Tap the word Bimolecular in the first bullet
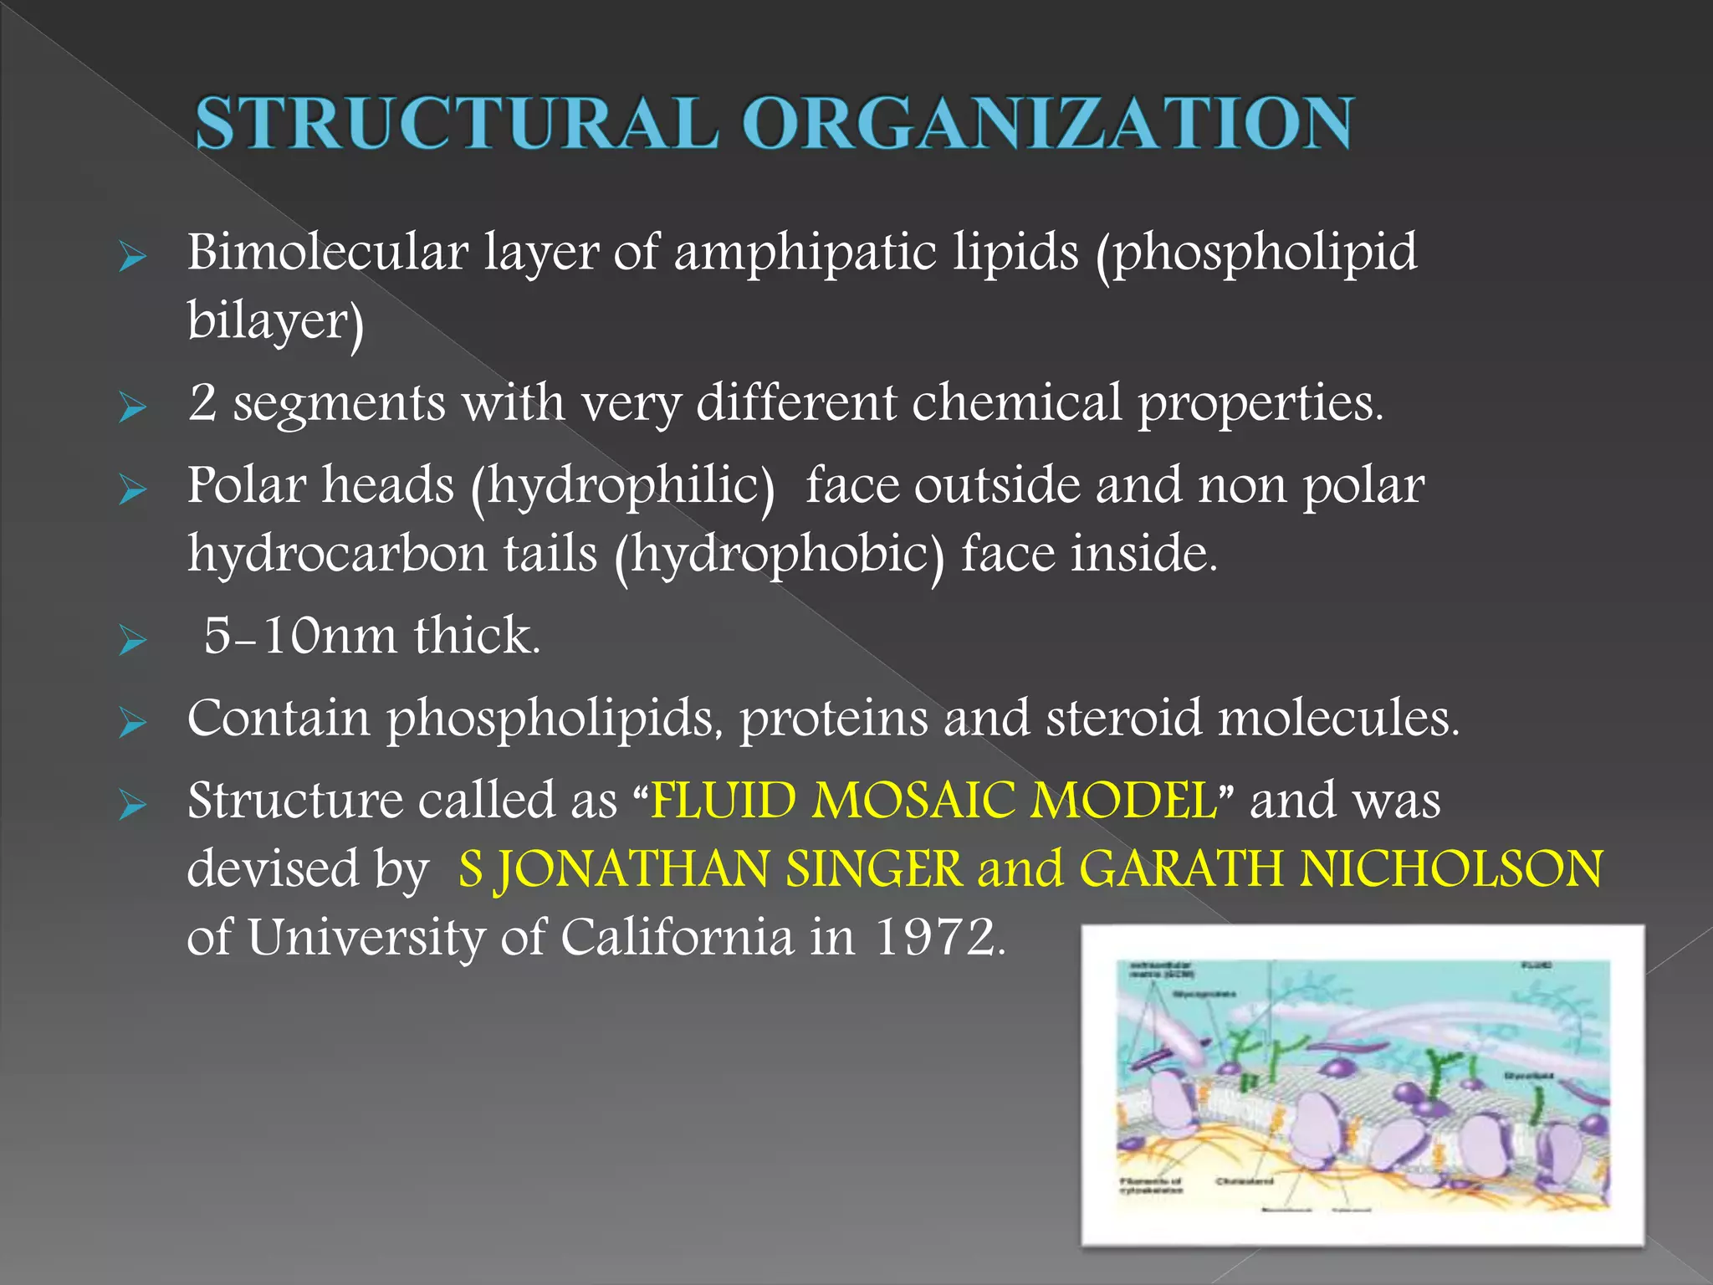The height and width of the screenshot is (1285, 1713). point(327,252)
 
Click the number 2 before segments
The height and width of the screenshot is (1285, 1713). point(202,402)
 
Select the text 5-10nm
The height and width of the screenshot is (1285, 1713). point(299,636)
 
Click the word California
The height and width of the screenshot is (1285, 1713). point(677,937)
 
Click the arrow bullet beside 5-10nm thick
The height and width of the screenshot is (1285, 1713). point(132,641)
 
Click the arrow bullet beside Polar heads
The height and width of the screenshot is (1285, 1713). point(132,489)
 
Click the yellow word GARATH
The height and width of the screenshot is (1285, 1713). point(1180,868)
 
